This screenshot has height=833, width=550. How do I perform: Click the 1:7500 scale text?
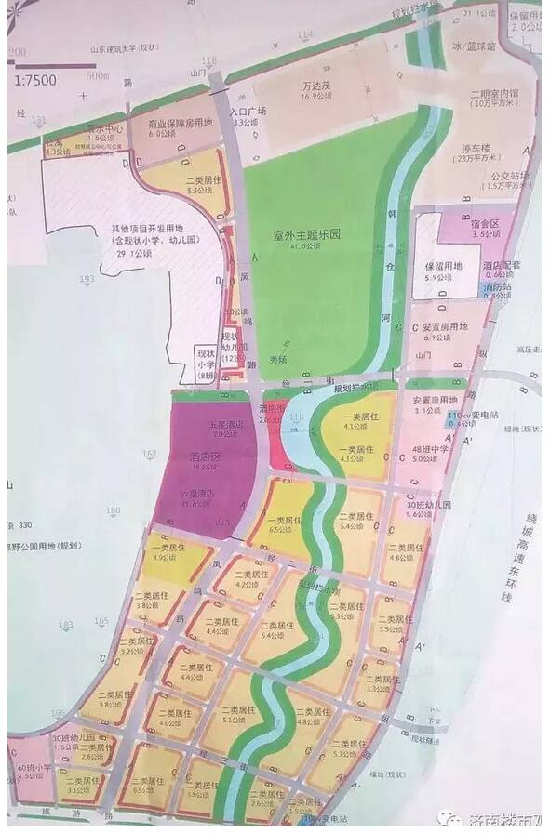tap(35, 80)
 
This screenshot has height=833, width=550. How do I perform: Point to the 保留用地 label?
tap(445, 266)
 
